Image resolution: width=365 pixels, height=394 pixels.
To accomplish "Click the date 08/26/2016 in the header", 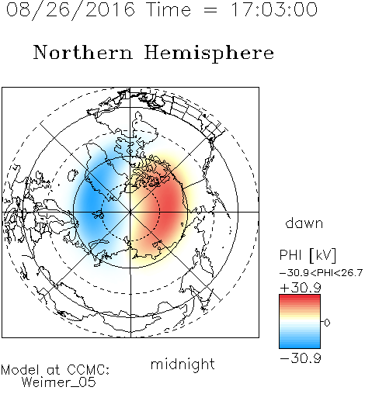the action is pos(71,10).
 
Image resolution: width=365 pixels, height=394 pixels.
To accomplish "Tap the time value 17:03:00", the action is pos(273,9).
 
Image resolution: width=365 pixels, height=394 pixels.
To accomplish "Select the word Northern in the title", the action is pos(83,52).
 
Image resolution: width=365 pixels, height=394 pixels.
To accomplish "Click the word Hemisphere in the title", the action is pos(209,54).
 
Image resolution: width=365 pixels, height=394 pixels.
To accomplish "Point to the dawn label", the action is pos(304,223).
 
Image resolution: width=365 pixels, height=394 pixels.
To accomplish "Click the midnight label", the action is pos(182,365).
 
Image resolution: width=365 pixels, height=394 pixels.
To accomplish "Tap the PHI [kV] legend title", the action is pos(308,255).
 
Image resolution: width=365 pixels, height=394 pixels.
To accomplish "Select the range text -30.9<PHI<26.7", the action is pos(321,273).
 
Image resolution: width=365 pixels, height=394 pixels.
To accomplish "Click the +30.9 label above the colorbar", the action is pos(301,288).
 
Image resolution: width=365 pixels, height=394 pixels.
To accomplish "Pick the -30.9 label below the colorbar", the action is pos(301,358).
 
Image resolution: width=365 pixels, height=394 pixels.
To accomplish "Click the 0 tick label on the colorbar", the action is pos(327,323).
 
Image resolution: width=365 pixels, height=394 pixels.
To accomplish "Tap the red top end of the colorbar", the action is pos(300,296).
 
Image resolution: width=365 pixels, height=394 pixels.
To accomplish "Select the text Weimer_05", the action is pos(59,382).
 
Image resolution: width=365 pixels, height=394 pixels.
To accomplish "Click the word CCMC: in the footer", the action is pos(88,370).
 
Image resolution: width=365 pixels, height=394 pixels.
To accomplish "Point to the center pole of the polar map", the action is pos(130,212).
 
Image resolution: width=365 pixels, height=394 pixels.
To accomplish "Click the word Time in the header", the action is pos(169,9).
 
